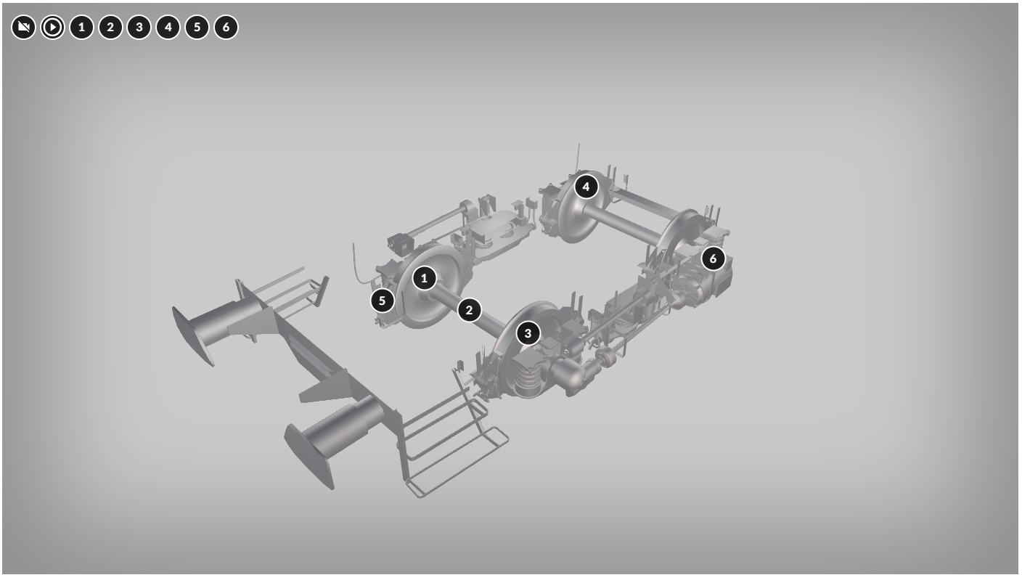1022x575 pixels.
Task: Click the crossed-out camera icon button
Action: coord(23,28)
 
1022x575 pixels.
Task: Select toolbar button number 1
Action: coord(82,28)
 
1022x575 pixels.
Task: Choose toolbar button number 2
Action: coord(110,28)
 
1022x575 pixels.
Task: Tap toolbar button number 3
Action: coord(139,28)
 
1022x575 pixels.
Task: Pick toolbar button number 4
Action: coord(168,28)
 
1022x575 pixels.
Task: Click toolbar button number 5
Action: coord(197,28)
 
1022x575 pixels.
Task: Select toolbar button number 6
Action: coord(226,28)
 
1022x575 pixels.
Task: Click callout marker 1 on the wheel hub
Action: coord(425,278)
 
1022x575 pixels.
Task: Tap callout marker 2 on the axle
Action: coord(469,310)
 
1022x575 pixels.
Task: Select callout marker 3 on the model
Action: coord(528,333)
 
